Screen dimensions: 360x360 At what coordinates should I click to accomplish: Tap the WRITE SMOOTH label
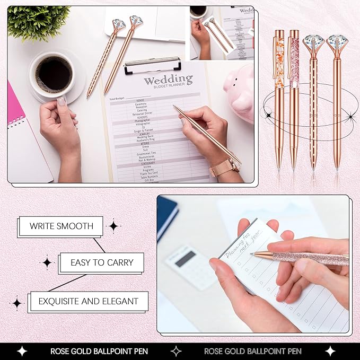click(x=62, y=226)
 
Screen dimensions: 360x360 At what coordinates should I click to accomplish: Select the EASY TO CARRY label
click(x=102, y=262)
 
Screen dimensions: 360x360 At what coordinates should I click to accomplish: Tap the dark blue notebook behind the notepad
click(x=167, y=217)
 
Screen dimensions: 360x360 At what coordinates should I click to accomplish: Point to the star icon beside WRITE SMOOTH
click(x=113, y=226)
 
